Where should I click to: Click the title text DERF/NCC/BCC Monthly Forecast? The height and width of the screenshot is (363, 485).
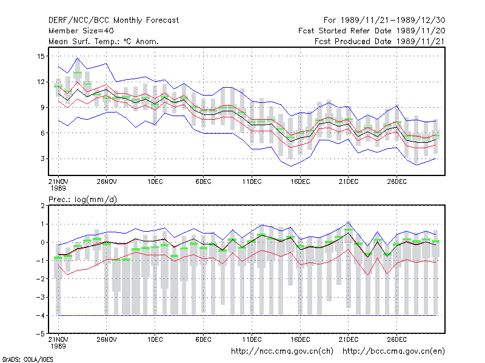click(113, 21)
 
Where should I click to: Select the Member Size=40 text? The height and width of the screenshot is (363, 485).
click(81, 31)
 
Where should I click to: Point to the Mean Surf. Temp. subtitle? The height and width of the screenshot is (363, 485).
click(104, 41)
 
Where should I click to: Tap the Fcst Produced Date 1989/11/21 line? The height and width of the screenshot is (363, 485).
click(380, 41)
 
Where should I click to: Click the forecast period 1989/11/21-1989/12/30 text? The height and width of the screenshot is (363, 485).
click(384, 21)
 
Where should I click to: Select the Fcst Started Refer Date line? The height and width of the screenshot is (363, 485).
click(372, 31)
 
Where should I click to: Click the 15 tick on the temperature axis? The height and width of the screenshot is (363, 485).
click(41, 56)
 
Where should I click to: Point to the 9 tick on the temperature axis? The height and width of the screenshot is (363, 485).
click(42, 108)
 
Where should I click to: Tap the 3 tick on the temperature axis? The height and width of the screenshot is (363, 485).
click(42, 159)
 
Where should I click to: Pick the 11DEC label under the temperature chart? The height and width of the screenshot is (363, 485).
click(252, 181)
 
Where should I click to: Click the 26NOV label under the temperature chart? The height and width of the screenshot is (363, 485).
click(107, 181)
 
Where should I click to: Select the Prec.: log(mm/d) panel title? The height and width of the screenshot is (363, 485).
click(82, 200)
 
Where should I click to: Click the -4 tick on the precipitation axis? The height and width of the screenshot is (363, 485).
click(41, 315)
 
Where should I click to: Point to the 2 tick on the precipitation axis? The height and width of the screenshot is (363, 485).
click(42, 206)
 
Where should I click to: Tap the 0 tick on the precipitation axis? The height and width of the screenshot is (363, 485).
click(42, 243)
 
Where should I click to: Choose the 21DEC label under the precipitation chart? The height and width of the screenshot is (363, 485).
click(348, 339)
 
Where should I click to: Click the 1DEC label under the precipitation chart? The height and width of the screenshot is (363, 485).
click(155, 339)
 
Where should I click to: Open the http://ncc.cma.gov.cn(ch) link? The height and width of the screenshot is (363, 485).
click(282, 352)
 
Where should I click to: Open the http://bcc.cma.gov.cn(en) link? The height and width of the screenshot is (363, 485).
click(393, 352)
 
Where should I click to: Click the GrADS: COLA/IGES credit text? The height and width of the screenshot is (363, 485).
click(27, 359)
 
